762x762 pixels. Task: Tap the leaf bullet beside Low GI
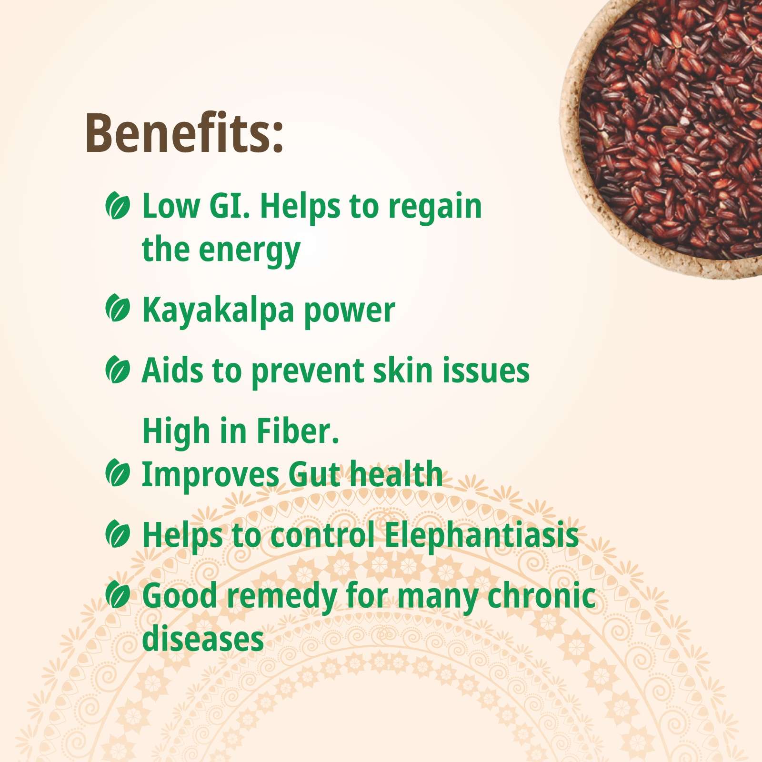coord(117,206)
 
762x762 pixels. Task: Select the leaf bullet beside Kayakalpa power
coord(117,308)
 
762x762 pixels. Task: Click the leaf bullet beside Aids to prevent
coord(117,370)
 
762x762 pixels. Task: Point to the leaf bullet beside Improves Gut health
coord(117,473)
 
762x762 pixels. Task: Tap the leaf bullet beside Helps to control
coord(117,534)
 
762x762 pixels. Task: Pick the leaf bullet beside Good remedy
coord(117,595)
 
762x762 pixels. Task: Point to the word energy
coord(250,251)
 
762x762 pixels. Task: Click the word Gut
coord(314,474)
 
